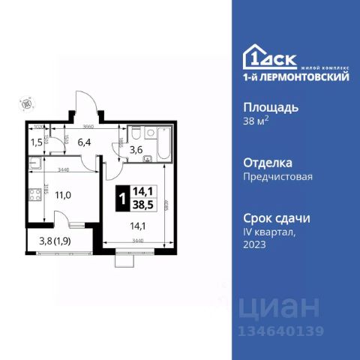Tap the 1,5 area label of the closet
tap(36, 141)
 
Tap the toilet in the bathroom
tap(137, 133)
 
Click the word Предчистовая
tap(278, 177)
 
